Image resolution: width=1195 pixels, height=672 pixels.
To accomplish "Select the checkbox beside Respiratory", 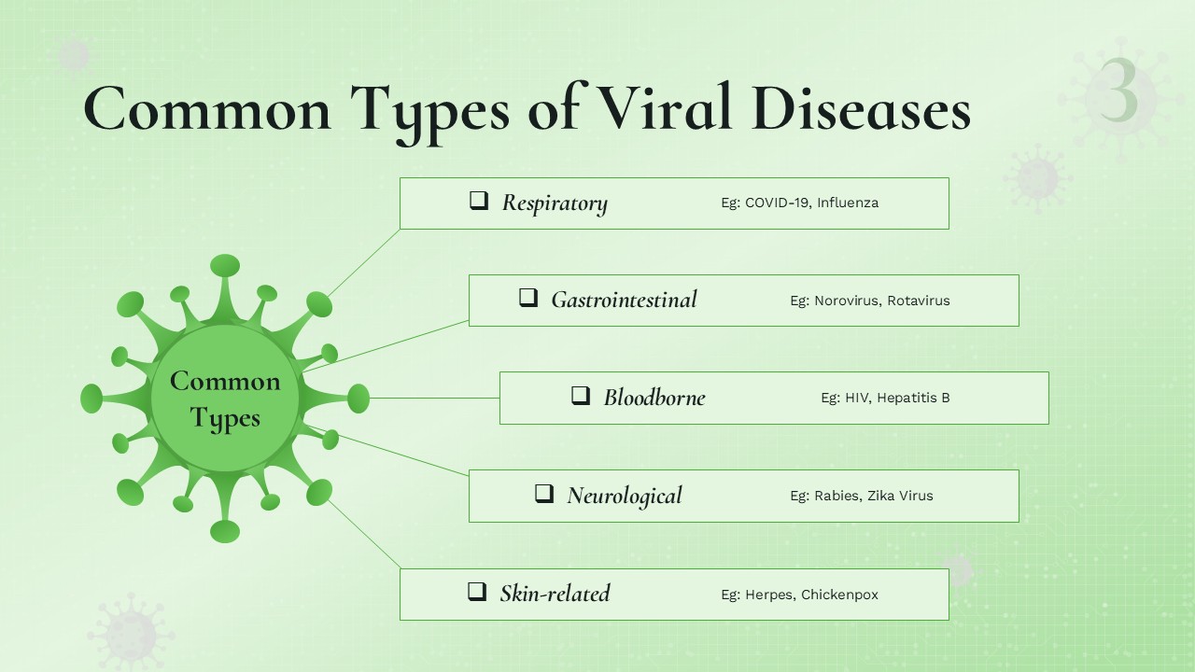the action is coord(479,201).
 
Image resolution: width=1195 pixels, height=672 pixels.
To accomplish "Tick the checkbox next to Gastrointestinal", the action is coord(528,298).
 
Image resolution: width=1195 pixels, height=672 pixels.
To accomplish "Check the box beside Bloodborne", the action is coord(581,396).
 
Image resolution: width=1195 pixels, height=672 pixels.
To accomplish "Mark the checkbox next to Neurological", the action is coord(544,494).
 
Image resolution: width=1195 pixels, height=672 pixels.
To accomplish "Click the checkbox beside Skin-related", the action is coord(477,592).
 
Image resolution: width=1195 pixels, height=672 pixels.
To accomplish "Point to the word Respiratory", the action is coord(555,203).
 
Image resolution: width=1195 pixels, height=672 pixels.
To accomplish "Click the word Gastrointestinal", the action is coord(625,300).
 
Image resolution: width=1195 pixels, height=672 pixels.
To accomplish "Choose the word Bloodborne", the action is coord(654,398).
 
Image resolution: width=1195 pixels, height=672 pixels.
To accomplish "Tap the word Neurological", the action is coord(625,496).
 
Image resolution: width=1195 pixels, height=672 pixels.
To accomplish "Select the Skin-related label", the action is coord(555,594).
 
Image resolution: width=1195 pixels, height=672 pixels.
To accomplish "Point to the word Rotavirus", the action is coord(919,301).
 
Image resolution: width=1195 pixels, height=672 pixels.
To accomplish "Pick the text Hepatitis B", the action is coord(913,398).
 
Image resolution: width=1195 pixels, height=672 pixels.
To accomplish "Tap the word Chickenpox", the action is coord(839,595).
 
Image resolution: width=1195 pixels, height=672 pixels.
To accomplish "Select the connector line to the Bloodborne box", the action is coord(434,398).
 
